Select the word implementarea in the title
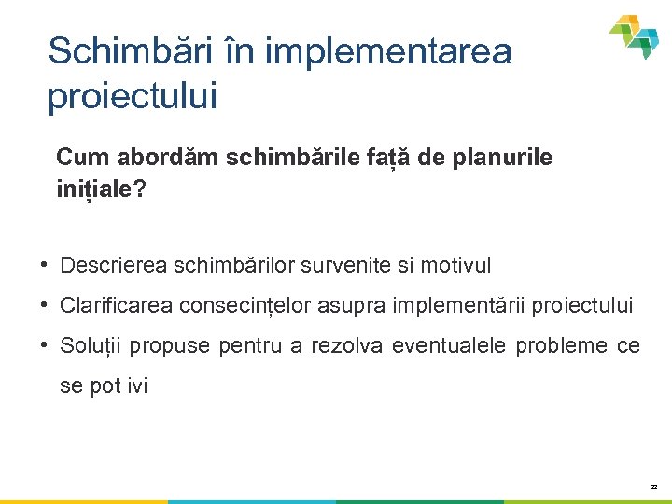coord(388,51)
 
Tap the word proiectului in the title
coord(132,96)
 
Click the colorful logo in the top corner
coord(634,36)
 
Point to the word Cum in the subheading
coord(77,158)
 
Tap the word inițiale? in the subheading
coord(101,189)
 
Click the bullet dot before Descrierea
coord(45,264)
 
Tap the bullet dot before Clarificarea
coord(45,304)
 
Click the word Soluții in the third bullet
coord(90,346)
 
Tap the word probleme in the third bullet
coord(561,346)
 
